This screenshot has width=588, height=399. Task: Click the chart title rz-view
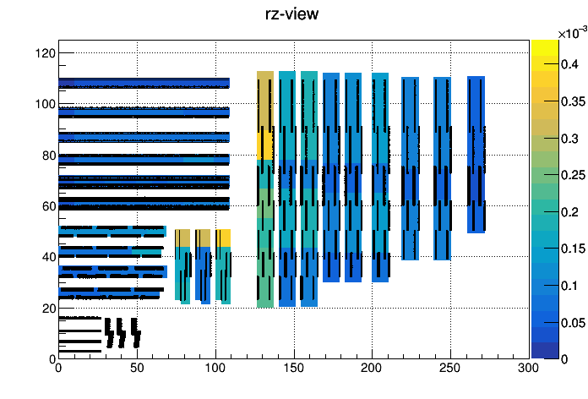point(291,14)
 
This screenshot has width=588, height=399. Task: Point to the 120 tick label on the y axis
point(46,53)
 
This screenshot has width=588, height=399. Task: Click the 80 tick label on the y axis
point(49,156)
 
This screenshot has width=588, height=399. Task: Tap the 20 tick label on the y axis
point(49,309)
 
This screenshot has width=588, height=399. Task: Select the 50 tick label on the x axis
point(137,368)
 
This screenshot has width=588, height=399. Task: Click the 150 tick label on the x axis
point(294,368)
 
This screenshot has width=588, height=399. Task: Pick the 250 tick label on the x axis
point(450,368)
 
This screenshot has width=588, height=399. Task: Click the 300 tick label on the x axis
point(529,368)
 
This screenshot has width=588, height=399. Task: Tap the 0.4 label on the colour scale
point(570,64)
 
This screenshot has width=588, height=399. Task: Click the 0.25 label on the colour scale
point(574,175)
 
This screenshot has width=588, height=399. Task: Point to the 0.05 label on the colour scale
point(574,323)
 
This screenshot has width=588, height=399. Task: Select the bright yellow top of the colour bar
point(545,47)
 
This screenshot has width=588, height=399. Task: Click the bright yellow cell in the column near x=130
point(265,145)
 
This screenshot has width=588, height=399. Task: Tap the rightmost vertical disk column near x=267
point(476,155)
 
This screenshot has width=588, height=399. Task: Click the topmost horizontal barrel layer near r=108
point(144,83)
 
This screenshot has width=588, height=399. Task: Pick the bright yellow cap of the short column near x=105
point(223,238)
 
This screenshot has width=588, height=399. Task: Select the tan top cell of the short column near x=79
point(182,238)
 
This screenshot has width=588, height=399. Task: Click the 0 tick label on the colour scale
point(564,359)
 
